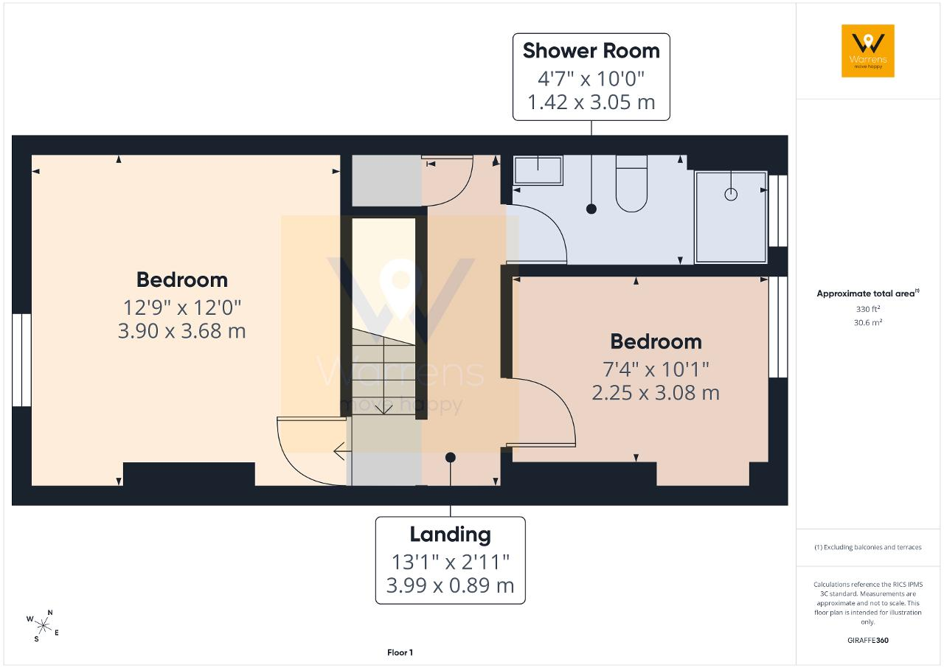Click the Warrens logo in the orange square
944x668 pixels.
tap(868, 51)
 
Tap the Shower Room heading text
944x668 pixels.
tap(591, 51)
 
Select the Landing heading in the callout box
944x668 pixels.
tap(450, 535)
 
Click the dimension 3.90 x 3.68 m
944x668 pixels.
tap(181, 331)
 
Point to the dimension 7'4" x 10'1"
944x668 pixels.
tap(656, 369)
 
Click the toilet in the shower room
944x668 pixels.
tap(631, 184)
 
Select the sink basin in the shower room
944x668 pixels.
tap(538, 170)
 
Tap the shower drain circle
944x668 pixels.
tap(731, 194)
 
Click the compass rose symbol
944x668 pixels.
tap(43, 626)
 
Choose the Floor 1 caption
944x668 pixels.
tap(400, 653)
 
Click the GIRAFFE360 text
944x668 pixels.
tap(868, 640)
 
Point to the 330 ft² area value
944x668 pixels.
tap(868, 309)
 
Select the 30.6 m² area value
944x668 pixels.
tap(868, 322)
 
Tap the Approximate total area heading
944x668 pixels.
tap(868, 293)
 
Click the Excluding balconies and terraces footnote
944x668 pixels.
tap(868, 547)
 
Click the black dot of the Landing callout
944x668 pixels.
tap(450, 457)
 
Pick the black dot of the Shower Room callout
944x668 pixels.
tap(591, 209)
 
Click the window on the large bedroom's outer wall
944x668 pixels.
tap(21, 360)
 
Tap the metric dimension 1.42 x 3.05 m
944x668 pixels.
tap(591, 102)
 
